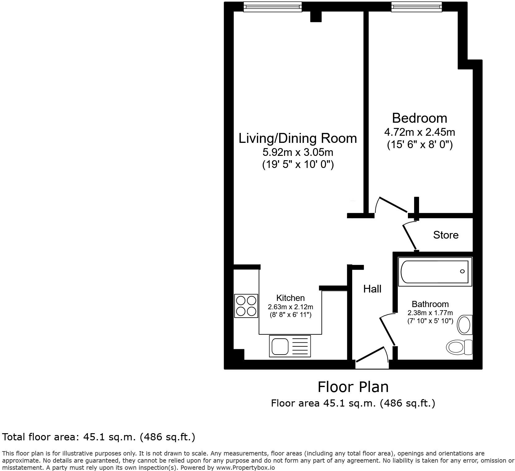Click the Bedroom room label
point(419,118)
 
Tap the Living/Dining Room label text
point(297,138)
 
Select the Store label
point(445,235)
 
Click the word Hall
point(372,289)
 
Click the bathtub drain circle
point(462,271)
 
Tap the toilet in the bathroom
point(459,347)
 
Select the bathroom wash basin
point(464,325)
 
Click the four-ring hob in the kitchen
point(246,306)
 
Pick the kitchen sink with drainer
point(290,346)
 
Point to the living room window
point(272,7)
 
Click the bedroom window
point(416,7)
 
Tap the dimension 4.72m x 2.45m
point(419,132)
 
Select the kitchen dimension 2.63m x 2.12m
point(290,307)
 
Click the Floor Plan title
point(353,387)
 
